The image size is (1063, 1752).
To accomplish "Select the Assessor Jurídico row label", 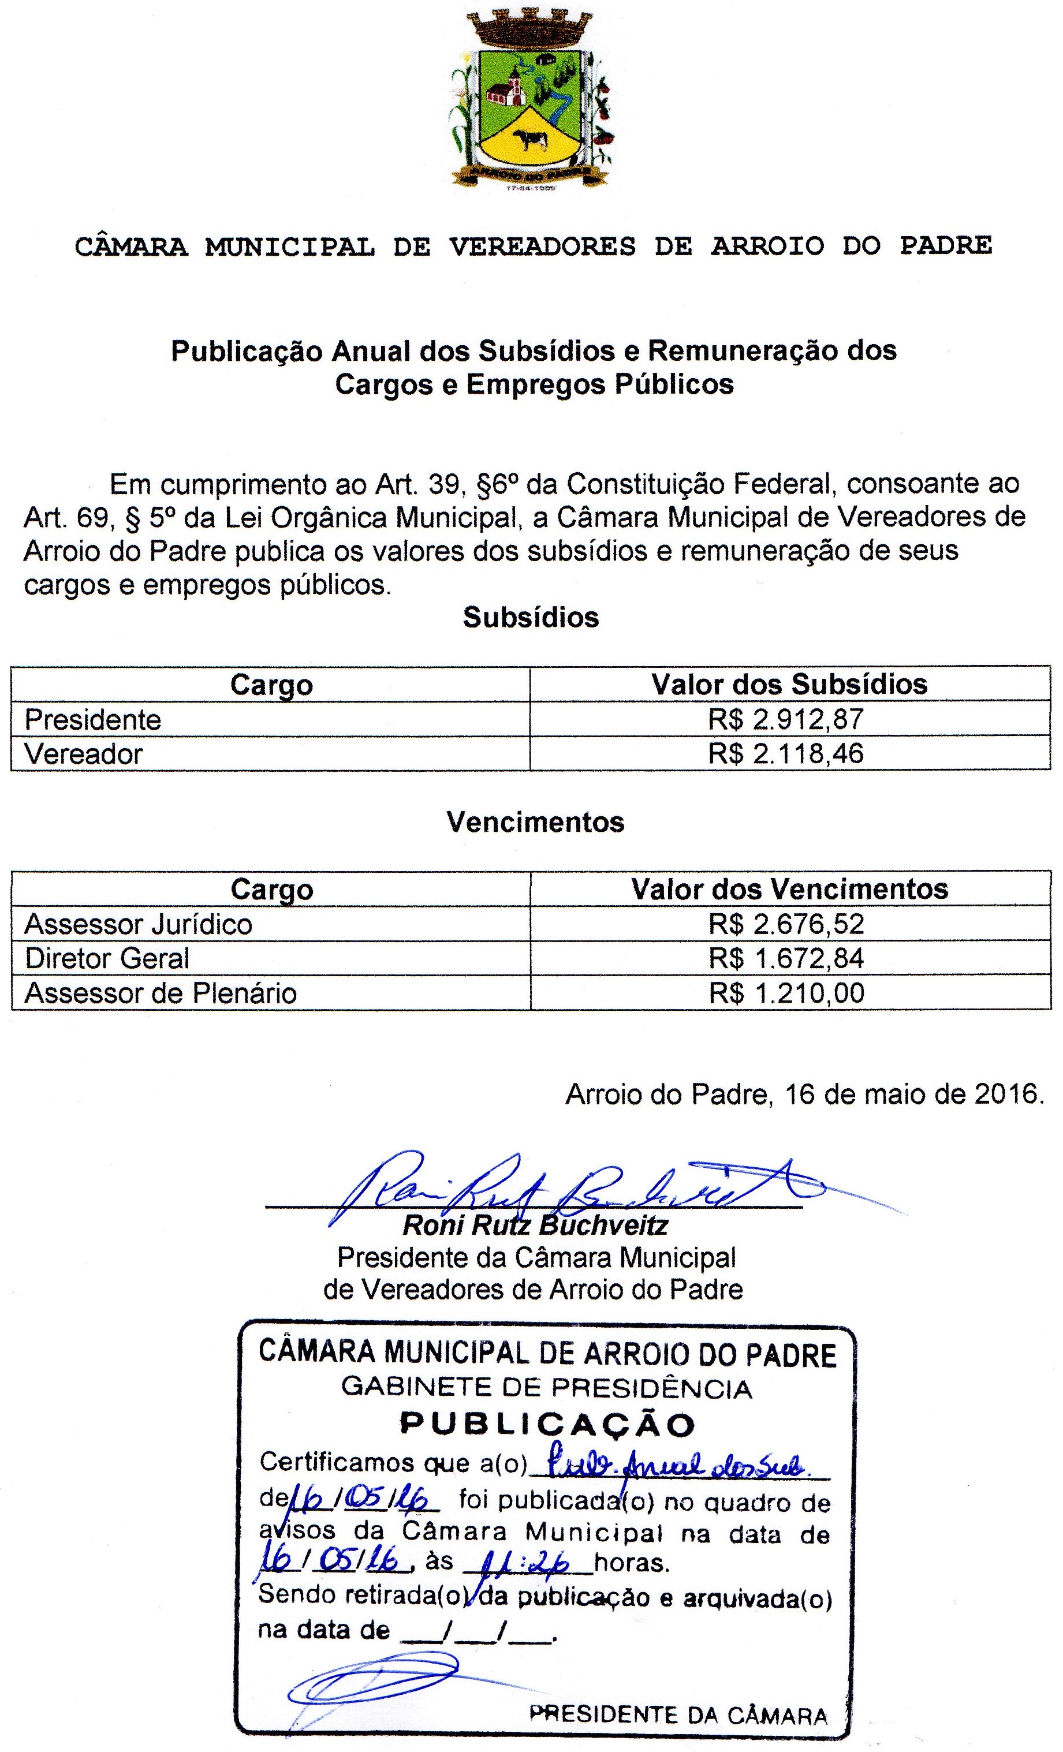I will pyautogui.click(x=138, y=924).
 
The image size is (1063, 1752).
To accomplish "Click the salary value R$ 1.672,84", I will pyautogui.click(x=786, y=958).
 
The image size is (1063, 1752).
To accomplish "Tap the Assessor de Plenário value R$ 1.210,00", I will pyautogui.click(x=786, y=993).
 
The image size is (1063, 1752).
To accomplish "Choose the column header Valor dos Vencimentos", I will pyautogui.click(x=789, y=890).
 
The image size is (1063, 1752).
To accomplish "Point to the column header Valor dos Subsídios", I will pyautogui.click(x=789, y=684).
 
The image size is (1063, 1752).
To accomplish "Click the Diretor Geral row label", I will pyautogui.click(x=107, y=958).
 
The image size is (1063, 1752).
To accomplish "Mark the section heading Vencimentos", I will pyautogui.click(x=535, y=822).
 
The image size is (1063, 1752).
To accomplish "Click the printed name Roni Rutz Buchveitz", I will pyautogui.click(x=535, y=1225).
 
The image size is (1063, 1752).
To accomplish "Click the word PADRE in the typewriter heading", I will pyautogui.click(x=945, y=246).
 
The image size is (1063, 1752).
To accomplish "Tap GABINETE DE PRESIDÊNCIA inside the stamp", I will pyautogui.click(x=546, y=1387).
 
